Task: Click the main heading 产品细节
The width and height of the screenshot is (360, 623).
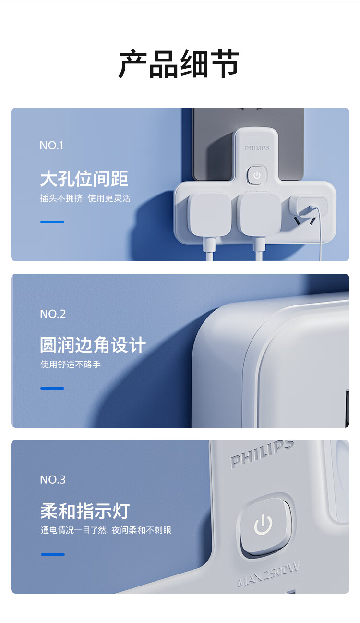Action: coord(179,64)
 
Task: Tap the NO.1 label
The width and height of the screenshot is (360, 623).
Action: coord(52,146)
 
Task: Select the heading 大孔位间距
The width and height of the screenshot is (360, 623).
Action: coord(84,179)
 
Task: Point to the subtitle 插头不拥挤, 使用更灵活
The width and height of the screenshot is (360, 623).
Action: coord(85,198)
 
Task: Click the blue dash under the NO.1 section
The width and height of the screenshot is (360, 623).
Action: coord(52,222)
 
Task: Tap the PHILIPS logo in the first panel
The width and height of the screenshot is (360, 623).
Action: coord(257,147)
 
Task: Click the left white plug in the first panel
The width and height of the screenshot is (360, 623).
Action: coord(209,216)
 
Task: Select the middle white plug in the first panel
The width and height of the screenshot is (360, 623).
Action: coord(260,216)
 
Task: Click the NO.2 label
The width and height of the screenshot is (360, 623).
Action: coord(53,314)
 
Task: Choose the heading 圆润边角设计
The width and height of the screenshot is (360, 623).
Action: coord(93,345)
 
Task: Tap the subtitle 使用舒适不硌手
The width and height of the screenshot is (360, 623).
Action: coord(71,365)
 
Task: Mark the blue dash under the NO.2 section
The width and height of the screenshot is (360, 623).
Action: coord(52,388)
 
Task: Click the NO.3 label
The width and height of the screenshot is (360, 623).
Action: coord(53,480)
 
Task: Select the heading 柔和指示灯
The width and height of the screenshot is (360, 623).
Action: coord(85,511)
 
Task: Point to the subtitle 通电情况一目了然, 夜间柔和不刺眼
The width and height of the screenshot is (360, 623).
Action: coord(106,530)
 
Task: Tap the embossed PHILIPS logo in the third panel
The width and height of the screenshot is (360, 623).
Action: coord(262,455)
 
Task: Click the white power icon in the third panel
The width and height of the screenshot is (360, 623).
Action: coord(263,525)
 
